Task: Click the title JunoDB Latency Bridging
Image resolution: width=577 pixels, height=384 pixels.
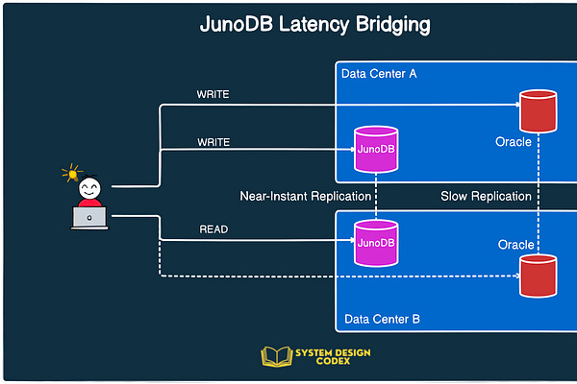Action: point(314,25)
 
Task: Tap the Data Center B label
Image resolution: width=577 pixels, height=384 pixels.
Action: point(382,319)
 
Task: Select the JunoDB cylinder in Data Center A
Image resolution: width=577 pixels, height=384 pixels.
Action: point(376,150)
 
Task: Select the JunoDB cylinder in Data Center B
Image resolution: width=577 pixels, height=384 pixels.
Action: point(376,242)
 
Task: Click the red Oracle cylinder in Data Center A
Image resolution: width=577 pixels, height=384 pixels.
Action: point(538,110)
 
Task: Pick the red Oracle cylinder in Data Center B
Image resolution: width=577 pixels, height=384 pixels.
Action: point(538,275)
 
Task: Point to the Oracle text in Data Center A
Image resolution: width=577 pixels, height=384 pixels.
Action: point(514,142)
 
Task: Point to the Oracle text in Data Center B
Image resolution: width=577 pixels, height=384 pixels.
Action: point(516,245)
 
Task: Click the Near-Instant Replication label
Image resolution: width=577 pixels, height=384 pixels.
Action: point(305,197)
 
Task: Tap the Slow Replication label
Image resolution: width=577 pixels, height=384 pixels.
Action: point(486,197)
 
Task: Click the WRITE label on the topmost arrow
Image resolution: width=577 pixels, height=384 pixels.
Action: point(213,94)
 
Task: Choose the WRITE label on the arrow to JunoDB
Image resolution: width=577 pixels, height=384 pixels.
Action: point(213,143)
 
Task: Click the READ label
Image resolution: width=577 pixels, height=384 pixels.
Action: point(213,230)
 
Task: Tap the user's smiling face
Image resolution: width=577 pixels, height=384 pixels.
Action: point(89,186)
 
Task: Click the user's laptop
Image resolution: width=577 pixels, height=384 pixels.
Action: point(89,218)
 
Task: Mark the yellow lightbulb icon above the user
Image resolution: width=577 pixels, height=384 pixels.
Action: point(71,174)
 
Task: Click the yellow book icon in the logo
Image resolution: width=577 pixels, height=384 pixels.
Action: point(277,357)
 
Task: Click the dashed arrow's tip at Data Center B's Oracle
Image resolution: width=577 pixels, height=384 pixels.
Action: point(515,276)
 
